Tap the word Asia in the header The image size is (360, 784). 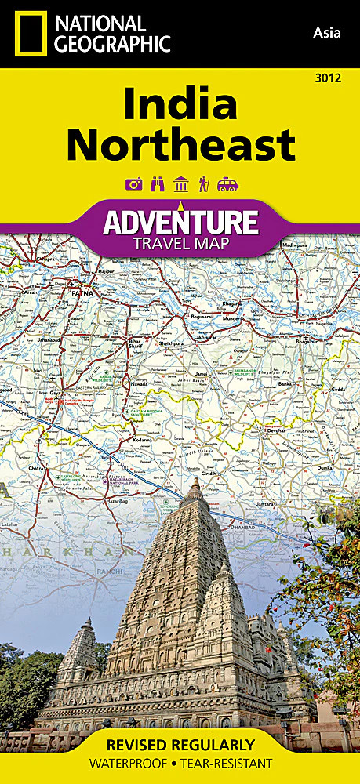[x=328, y=32]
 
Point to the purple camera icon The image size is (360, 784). [x=133, y=184]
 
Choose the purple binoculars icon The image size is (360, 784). [x=157, y=184]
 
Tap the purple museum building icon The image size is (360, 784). [x=180, y=184]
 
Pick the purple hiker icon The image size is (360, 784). [x=204, y=184]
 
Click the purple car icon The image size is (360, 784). [x=228, y=184]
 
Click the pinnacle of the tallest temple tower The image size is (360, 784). [x=193, y=480]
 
